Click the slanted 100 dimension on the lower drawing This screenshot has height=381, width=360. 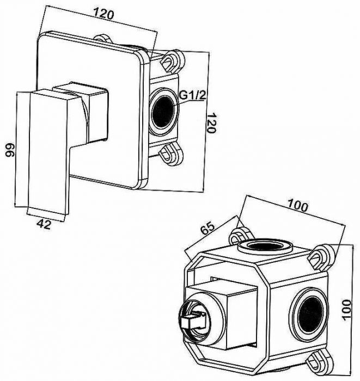coord(298,206)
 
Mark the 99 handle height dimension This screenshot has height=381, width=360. coord(9,151)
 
